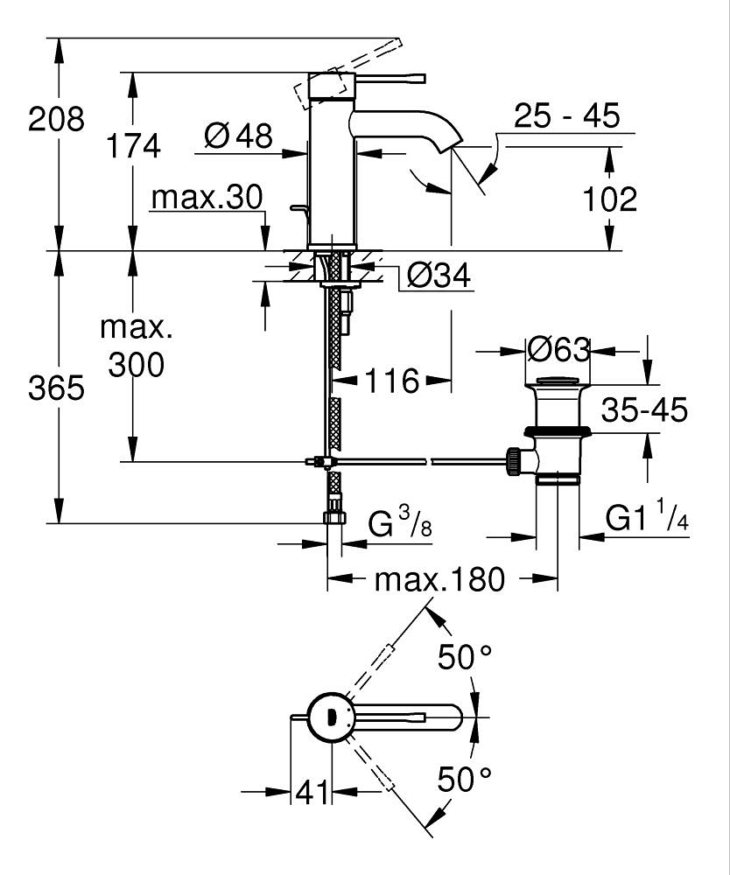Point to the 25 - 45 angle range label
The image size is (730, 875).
566,115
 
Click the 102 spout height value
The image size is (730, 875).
610,199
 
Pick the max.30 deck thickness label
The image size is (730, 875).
207,199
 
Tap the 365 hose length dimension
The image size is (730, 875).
57,388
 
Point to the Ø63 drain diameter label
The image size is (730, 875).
558,350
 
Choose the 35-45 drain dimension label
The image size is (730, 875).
643,409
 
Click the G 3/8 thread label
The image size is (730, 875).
397,525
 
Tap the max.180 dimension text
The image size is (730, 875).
440,579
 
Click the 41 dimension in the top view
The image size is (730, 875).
311,793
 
